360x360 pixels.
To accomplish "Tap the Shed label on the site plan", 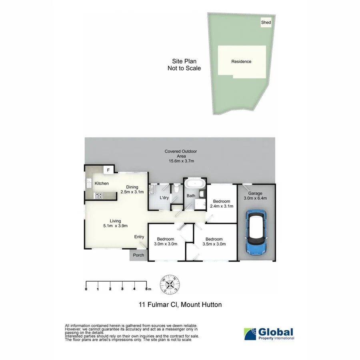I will click(x=266, y=23).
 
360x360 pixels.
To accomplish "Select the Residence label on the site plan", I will click(x=241, y=62).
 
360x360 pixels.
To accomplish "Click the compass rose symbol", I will click(x=171, y=284).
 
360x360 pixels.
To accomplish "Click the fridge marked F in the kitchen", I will click(x=108, y=170).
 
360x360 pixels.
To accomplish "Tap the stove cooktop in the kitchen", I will click(x=98, y=196).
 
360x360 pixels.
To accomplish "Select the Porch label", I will click(x=138, y=256).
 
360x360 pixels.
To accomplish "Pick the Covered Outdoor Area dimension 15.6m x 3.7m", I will click(x=181, y=161).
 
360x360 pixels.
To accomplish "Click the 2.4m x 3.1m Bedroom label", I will click(x=221, y=204).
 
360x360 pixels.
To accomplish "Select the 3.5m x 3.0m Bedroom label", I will click(x=214, y=242).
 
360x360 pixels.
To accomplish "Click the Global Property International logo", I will click(x=269, y=334).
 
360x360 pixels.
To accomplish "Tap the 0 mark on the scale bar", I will click(x=86, y=288).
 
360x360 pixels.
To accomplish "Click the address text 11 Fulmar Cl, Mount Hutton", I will click(x=180, y=305).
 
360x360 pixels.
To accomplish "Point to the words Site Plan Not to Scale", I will click(x=184, y=65).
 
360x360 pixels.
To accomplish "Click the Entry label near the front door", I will click(x=139, y=237).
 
